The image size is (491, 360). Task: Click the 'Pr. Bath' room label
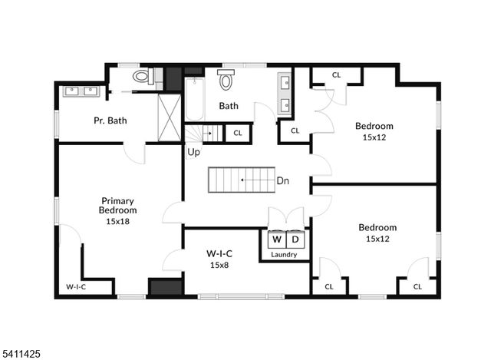(x=110, y=121)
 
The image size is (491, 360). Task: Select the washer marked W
(x=277, y=238)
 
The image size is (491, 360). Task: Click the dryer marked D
(x=295, y=238)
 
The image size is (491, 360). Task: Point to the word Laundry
(x=285, y=253)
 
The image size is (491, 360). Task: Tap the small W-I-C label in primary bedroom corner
(x=75, y=286)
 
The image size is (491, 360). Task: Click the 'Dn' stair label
(x=282, y=181)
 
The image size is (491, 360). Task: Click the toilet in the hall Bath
(x=226, y=79)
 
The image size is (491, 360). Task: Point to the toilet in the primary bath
(x=142, y=76)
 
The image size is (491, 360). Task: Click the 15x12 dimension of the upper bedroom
(x=374, y=137)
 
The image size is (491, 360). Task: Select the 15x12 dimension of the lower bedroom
(x=377, y=239)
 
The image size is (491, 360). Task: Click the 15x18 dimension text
(x=117, y=220)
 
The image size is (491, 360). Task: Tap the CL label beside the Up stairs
(x=237, y=133)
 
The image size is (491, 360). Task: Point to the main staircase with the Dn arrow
(x=242, y=180)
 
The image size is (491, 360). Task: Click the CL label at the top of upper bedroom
(x=337, y=74)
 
